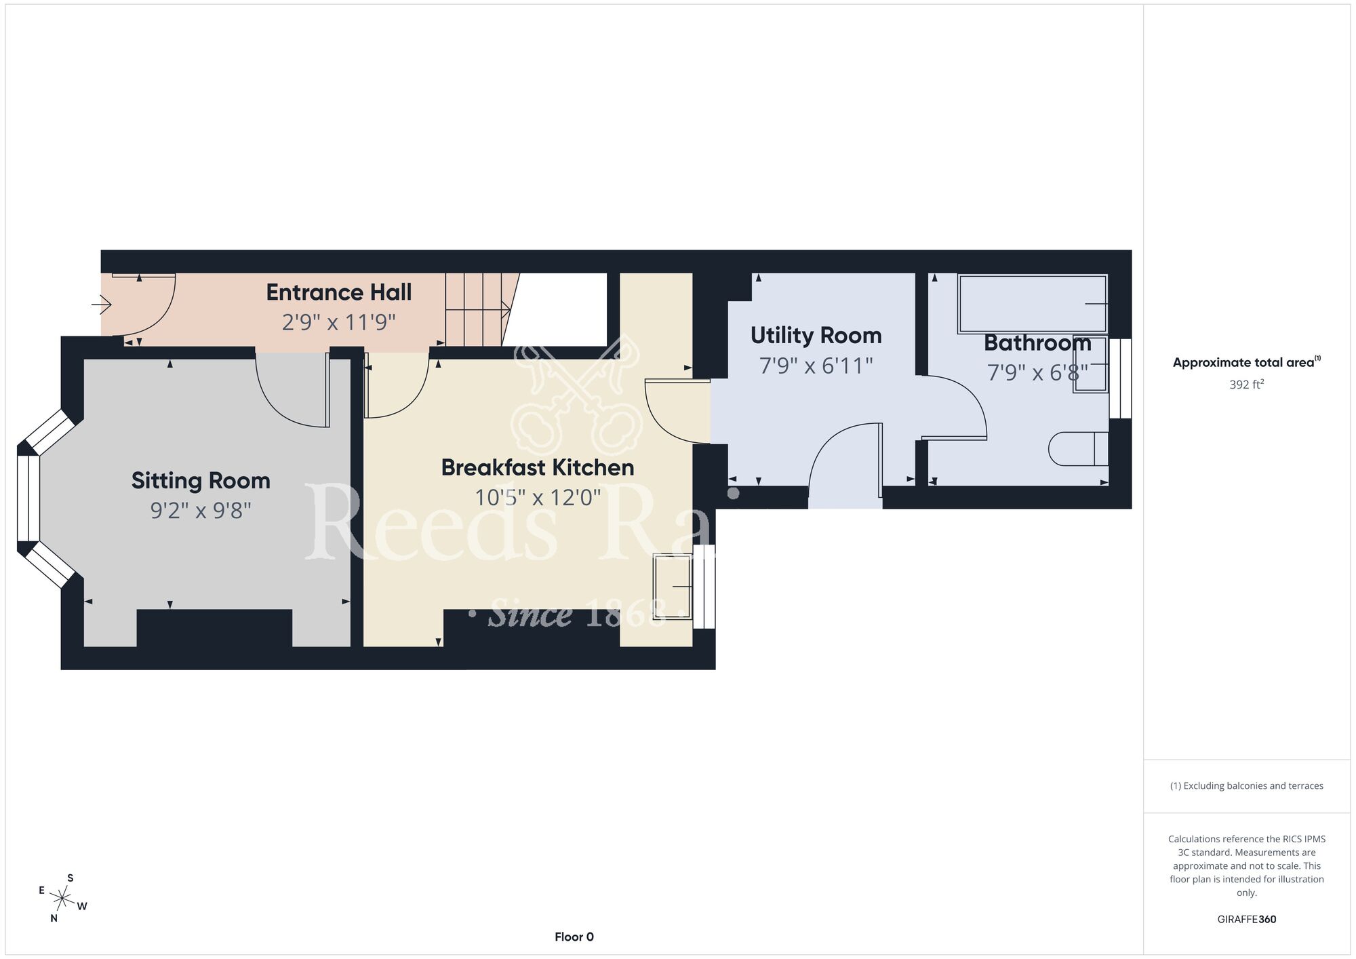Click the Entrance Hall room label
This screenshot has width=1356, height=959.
pos(338,292)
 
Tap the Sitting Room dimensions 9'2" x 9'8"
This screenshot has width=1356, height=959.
pos(201,510)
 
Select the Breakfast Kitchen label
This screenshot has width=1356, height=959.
pos(538,467)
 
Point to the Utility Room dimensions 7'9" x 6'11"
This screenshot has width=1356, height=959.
pos(816,366)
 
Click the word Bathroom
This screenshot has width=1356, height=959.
pos(1037,343)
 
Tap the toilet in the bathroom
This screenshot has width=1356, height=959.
pos(1078,449)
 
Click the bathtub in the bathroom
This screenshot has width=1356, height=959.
pos(1032,304)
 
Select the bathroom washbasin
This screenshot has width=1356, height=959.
pos(1090,364)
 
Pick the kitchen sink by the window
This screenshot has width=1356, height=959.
pos(673,586)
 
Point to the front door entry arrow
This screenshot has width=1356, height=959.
pos(101,305)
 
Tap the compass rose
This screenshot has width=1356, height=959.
pos(62,899)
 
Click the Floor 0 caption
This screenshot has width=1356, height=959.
pos(574,937)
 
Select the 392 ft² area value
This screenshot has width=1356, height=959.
pos(1247,385)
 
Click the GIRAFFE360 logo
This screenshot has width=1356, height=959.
pos(1247,920)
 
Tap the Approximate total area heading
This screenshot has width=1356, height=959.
pos(1247,362)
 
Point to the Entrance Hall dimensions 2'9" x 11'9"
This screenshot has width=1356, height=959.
pos(338,322)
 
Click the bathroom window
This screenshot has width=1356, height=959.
pos(1121,378)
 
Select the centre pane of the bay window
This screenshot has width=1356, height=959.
pos(28,498)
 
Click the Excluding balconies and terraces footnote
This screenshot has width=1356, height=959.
pos(1247,786)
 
